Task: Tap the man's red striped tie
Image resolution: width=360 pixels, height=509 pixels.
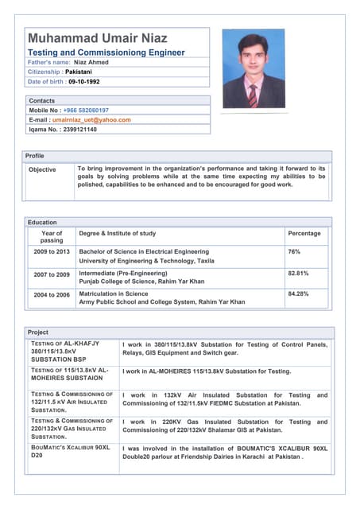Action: click(253, 94)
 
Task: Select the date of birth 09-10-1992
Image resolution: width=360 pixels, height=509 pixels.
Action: click(84, 81)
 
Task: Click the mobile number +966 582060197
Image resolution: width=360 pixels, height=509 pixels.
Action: click(86, 111)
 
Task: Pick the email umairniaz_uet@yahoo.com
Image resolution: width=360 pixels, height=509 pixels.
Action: click(91, 120)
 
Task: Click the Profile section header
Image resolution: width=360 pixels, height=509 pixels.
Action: click(35, 156)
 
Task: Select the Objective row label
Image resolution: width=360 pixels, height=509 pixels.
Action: click(42, 169)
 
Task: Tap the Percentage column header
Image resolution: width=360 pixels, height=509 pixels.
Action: click(304, 234)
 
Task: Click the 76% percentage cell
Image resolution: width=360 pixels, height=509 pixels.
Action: click(294, 251)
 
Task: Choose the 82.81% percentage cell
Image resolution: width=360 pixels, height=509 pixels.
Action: click(298, 274)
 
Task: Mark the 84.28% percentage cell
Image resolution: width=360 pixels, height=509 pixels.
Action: click(298, 293)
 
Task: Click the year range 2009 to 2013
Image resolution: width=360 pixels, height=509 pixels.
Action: click(52, 251)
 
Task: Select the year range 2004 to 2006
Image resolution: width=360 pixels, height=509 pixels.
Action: click(52, 294)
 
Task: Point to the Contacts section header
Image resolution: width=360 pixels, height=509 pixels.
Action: click(42, 101)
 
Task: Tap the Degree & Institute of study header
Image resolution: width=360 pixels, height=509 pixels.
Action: click(118, 234)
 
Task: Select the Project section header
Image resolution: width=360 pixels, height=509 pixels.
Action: click(38, 332)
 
